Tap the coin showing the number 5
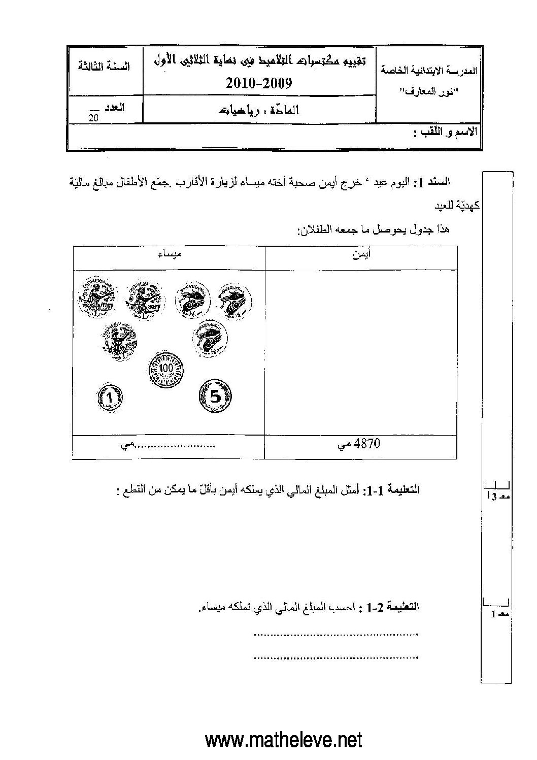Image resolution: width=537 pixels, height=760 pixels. pyautogui.click(x=215, y=396)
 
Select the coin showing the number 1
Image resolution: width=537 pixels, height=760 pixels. pyautogui.click(x=111, y=397)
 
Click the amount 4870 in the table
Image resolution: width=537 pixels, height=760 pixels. pyautogui.click(x=369, y=444)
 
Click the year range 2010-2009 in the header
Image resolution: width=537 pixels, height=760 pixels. pyautogui.click(x=259, y=83)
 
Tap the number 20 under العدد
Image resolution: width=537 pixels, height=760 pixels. pyautogui.click(x=93, y=118)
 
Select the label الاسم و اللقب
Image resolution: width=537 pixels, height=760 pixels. pyautogui.click(x=445, y=133)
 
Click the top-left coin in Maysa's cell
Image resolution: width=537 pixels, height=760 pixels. pyautogui.click(x=96, y=294)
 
